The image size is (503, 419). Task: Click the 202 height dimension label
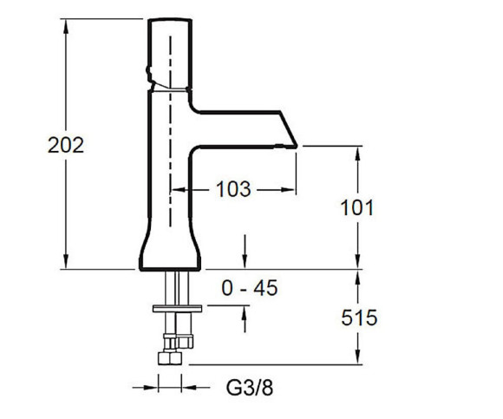point(66,145)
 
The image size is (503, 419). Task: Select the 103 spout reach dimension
point(233,189)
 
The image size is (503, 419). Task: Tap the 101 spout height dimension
point(357,207)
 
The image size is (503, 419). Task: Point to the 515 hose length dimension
point(359,318)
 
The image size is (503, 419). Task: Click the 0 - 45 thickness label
point(249,288)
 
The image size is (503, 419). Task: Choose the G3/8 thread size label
point(250,388)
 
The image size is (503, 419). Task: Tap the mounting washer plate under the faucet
point(178,309)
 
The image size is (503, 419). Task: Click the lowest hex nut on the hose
point(170,358)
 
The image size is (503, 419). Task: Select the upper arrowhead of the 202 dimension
point(66,26)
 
